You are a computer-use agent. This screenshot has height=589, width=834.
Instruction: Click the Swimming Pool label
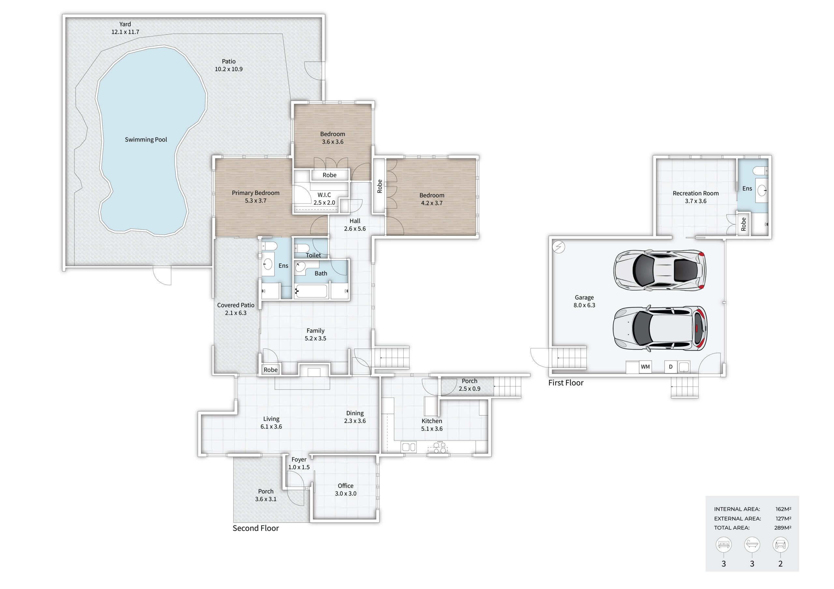coord(146,140)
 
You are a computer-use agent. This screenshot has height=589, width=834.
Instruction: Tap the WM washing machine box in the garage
coord(645,367)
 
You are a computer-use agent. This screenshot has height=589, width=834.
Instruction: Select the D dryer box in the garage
coord(670,367)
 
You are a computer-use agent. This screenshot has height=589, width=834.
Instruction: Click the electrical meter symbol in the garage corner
coord(559,247)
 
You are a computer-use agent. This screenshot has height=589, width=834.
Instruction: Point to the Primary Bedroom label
coord(256,193)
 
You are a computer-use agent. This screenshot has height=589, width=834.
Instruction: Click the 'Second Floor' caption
coord(256,528)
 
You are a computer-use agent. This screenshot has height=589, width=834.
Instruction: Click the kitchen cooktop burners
coord(439,447)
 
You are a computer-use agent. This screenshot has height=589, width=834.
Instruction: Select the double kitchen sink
coord(409,447)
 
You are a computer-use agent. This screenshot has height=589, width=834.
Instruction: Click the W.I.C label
coord(324,195)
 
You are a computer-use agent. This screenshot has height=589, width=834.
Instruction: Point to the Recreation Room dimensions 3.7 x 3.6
coord(696,201)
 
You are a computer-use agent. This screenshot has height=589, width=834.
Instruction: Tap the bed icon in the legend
coord(724,545)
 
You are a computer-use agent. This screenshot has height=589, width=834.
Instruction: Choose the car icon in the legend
coord(780,545)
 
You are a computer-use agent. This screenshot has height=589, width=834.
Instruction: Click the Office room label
coord(345,486)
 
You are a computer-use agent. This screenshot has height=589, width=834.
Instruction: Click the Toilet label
coord(313,255)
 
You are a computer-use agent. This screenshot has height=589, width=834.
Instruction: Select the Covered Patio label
coord(236,305)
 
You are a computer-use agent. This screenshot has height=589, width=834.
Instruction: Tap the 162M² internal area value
coord(783,509)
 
